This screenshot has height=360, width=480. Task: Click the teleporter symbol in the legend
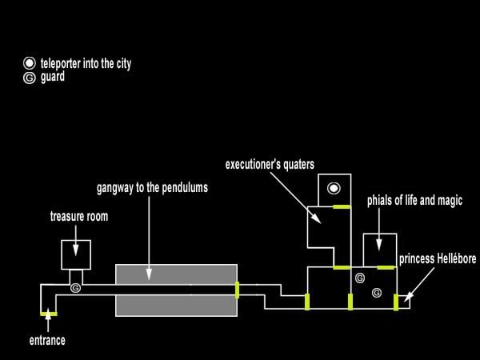pyautogui.click(x=30, y=62)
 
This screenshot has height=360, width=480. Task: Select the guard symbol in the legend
pyautogui.click(x=30, y=78)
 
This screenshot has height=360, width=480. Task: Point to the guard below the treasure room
pyautogui.click(x=76, y=286)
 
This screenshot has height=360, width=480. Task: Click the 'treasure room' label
pyautogui.click(x=79, y=216)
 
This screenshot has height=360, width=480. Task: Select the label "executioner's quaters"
pyautogui.click(x=270, y=165)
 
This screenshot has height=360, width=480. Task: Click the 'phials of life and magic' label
pyautogui.click(x=414, y=199)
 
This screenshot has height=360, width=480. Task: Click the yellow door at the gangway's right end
pyautogui.click(x=237, y=289)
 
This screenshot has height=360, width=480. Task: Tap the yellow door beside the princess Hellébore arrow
pyautogui.click(x=396, y=301)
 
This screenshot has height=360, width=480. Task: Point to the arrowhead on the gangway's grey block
pyautogui.click(x=149, y=277)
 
